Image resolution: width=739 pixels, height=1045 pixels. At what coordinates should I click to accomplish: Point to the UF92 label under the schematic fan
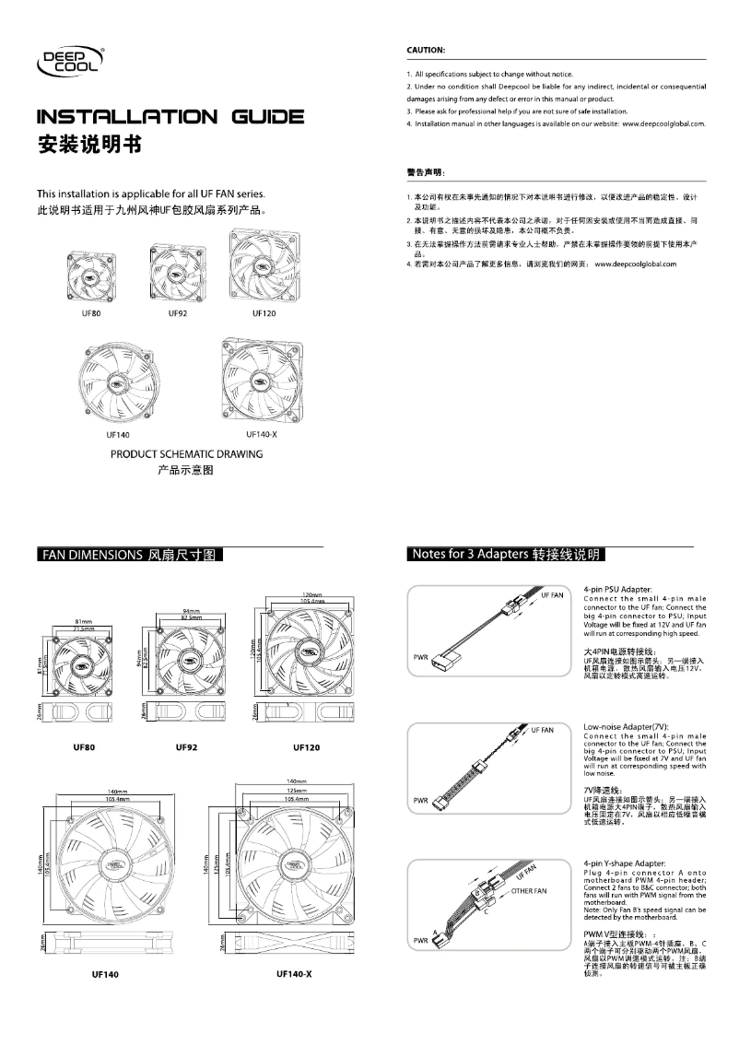click(178, 314)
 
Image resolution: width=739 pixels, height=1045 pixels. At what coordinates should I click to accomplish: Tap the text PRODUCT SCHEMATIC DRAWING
click(187, 454)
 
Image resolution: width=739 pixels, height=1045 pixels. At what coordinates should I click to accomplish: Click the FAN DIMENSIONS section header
click(129, 556)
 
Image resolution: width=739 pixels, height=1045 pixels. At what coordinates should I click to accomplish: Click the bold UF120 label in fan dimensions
click(306, 746)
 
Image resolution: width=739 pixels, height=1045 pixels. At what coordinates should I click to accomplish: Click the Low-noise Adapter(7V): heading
click(626, 727)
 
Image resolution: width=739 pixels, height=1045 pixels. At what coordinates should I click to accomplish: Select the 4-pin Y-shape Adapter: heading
click(625, 863)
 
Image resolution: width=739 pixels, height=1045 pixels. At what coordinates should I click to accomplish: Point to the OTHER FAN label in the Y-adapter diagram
click(528, 891)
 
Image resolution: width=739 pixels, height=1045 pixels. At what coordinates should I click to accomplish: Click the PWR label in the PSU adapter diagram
click(417, 658)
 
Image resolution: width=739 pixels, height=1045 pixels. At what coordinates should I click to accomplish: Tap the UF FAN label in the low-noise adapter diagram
click(543, 729)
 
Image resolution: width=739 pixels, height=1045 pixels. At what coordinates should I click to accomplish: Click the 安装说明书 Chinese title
click(88, 146)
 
